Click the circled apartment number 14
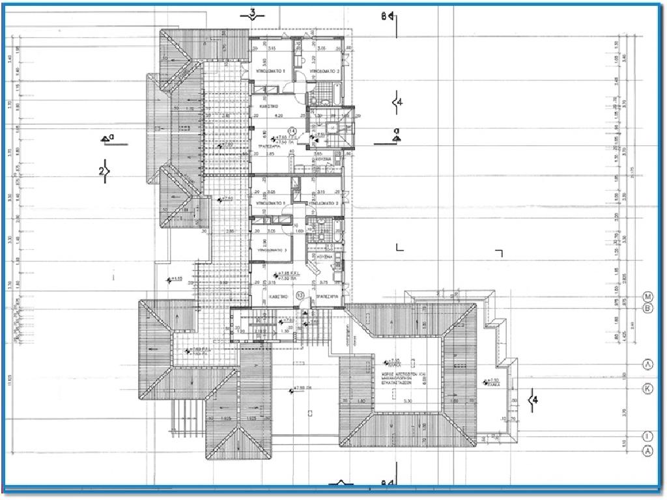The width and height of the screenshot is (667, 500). [292, 131]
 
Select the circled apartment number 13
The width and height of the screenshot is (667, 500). [300, 295]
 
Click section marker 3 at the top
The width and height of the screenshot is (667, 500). [252, 14]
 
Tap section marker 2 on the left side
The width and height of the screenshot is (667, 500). [103, 171]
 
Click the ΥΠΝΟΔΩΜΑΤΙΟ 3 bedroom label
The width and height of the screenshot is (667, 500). [271, 249]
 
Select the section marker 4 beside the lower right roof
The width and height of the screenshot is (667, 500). [534, 399]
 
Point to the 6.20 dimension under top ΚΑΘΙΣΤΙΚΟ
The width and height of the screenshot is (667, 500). [279, 116]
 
